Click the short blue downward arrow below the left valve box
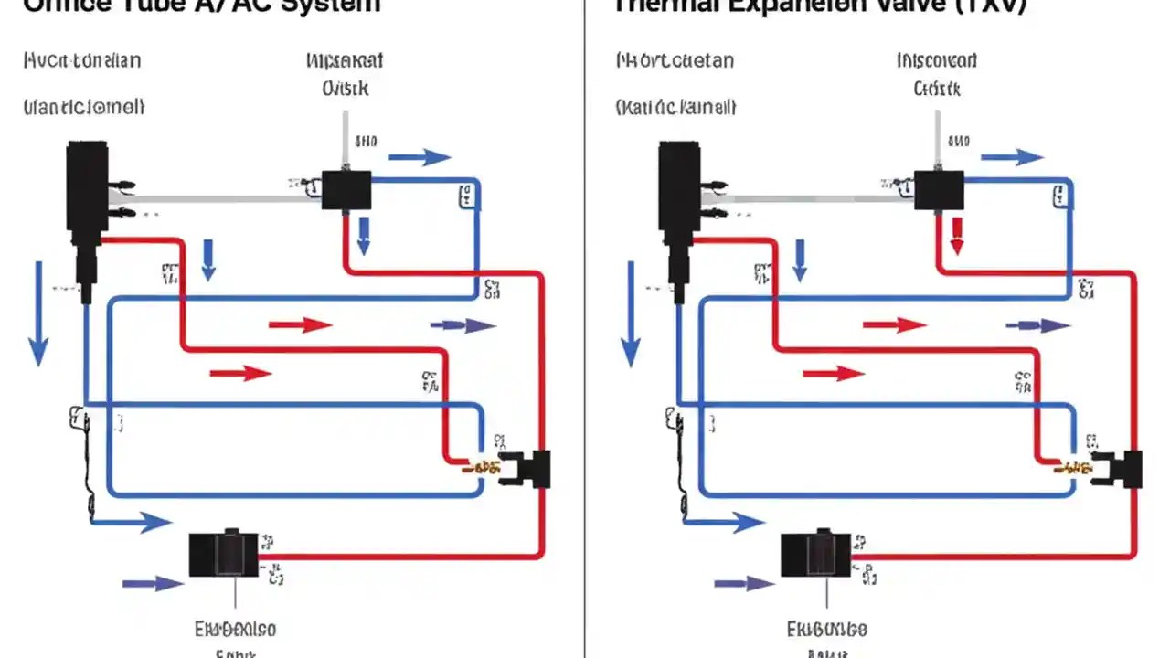point(364,236)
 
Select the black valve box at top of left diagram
point(346,190)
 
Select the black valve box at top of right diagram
point(939,190)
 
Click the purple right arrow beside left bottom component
point(153,583)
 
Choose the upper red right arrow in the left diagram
point(300,324)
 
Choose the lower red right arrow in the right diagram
point(834,373)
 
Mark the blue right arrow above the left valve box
point(420,157)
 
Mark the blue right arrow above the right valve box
point(1012,157)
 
